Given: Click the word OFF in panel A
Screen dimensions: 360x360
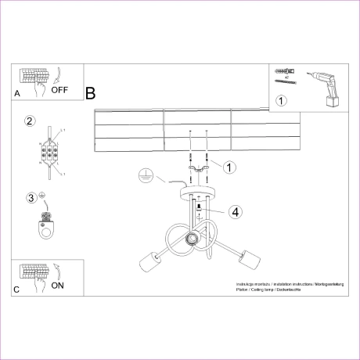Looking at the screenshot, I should pos(59,90).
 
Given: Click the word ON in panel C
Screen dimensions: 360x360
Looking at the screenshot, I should pos(58,286).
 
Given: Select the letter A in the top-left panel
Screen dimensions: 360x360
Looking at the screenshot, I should pos(17,93).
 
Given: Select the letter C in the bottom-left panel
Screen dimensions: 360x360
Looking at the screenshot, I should pos(17,290).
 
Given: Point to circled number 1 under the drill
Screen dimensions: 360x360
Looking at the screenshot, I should pos(282,100).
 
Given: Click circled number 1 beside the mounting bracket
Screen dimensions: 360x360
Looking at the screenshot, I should pos(229,167).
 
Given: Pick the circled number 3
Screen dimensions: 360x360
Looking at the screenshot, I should pos(31,197).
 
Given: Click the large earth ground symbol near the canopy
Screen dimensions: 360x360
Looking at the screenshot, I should pos(143,175).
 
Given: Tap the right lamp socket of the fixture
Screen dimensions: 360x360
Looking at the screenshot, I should pos(253,256).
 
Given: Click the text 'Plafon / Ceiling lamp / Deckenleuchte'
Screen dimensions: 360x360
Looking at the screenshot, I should pos(268,290).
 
